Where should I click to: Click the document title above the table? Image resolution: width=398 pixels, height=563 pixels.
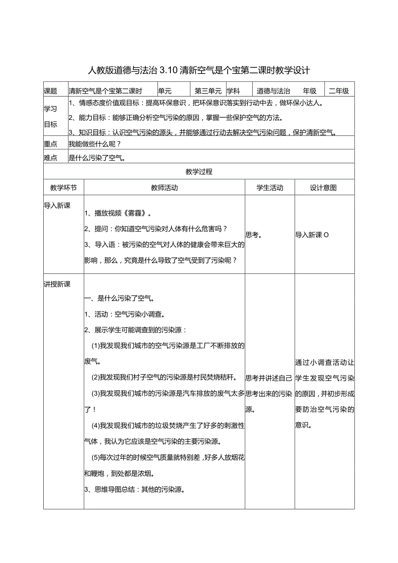point(199,70)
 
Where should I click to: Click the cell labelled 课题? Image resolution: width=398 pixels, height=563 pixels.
point(51,91)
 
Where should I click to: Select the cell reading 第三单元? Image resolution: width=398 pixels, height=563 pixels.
point(208,91)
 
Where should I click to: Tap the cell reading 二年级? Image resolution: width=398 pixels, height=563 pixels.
point(339,91)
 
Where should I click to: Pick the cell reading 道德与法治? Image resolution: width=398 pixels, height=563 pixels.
point(273,91)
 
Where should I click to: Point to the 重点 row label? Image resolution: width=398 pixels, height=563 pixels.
point(51,144)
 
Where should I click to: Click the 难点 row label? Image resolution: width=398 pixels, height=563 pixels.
point(51,158)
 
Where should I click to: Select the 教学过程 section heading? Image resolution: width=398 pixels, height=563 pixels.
point(199,172)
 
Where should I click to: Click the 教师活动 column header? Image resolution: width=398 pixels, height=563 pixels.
point(164,188)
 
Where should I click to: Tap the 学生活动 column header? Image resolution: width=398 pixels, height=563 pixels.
point(270,188)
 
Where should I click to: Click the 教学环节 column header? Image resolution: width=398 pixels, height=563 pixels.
point(64,188)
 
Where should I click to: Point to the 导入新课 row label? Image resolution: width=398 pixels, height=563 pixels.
point(57,206)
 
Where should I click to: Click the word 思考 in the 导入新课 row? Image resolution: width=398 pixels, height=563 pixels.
point(253,235)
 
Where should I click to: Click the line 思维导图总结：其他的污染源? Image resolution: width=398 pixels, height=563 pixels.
point(135,490)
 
